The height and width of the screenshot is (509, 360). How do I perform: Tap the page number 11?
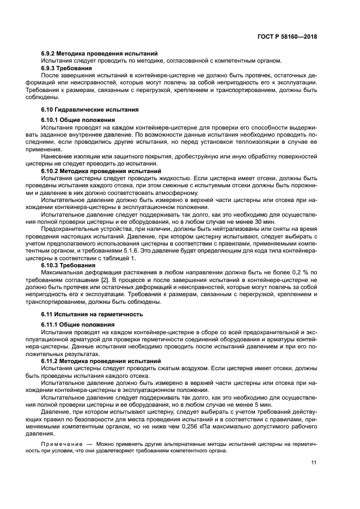[x=314, y=463]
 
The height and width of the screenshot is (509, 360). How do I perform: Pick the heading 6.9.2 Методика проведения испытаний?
[x=100, y=53]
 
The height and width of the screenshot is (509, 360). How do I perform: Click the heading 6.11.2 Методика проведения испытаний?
[x=101, y=360]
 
